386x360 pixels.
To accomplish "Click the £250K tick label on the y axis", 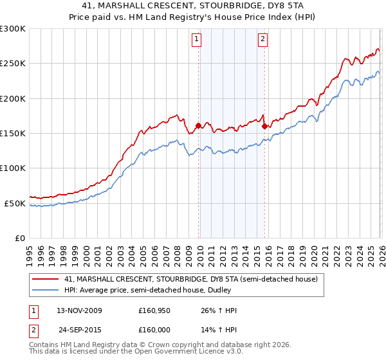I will click(12, 64).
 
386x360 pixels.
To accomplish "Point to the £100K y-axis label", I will click(12, 168).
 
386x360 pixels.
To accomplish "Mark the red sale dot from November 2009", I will click(198, 126).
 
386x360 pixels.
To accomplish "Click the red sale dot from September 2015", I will click(264, 127).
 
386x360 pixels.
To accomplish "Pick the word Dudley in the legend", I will click(212, 291).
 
